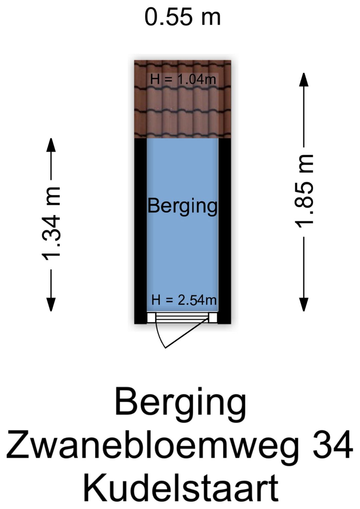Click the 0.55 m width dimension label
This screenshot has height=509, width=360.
coord(183,17)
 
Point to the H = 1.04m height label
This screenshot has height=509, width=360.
coord(183,80)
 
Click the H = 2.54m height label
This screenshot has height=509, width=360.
coord(184,300)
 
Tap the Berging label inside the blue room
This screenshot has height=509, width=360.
coord(182,206)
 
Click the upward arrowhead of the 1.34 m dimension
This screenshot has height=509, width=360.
coord(51,145)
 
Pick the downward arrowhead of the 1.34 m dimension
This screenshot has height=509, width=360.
coord(51,304)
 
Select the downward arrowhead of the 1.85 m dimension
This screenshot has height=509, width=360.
coord(304,304)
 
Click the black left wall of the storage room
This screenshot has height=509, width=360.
coord(140,230)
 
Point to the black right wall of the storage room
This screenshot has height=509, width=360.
coord(224,230)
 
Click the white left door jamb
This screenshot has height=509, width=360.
coord(151,318)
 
